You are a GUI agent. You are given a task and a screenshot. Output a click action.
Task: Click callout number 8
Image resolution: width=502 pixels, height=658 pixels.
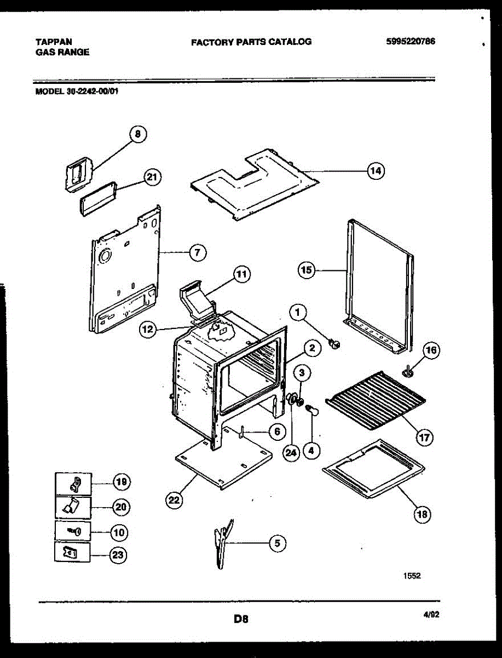click(138, 134)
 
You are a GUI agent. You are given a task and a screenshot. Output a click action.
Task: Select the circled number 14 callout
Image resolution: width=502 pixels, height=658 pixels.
click(375, 171)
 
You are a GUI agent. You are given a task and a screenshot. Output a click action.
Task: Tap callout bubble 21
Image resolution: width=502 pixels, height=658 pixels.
click(153, 177)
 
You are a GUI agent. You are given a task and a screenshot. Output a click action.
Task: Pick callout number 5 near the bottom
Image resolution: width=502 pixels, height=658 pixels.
click(277, 543)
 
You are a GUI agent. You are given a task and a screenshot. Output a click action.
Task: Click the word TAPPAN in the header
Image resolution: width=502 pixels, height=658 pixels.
click(53, 42)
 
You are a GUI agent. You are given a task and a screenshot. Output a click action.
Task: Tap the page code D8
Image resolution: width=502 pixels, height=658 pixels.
click(241, 619)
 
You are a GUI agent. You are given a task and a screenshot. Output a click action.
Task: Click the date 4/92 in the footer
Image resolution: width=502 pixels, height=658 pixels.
click(431, 615)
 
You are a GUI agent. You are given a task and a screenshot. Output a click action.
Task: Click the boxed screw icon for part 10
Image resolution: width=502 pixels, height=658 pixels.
click(73, 531)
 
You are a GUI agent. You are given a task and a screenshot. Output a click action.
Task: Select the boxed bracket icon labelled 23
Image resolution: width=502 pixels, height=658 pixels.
click(73, 553)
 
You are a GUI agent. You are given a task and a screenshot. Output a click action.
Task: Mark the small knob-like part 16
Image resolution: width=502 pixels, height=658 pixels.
click(408, 372)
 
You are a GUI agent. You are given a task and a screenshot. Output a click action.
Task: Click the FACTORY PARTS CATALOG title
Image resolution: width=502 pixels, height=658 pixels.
click(251, 42)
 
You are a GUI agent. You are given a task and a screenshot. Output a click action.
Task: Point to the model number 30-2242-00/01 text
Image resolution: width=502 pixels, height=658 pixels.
click(77, 92)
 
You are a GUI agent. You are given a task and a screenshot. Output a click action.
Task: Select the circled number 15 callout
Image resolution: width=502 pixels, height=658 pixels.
click(307, 269)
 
